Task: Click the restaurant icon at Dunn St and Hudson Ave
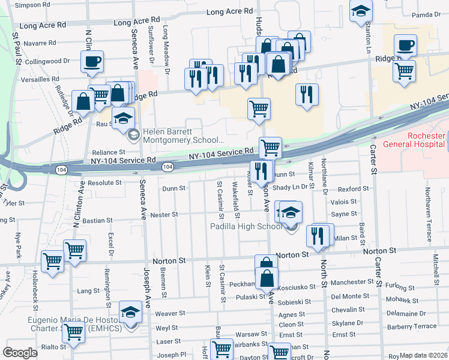pos(261,170)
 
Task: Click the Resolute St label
pos(104,182)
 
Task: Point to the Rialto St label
pos(53,346)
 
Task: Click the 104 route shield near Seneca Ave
pos(167,167)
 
